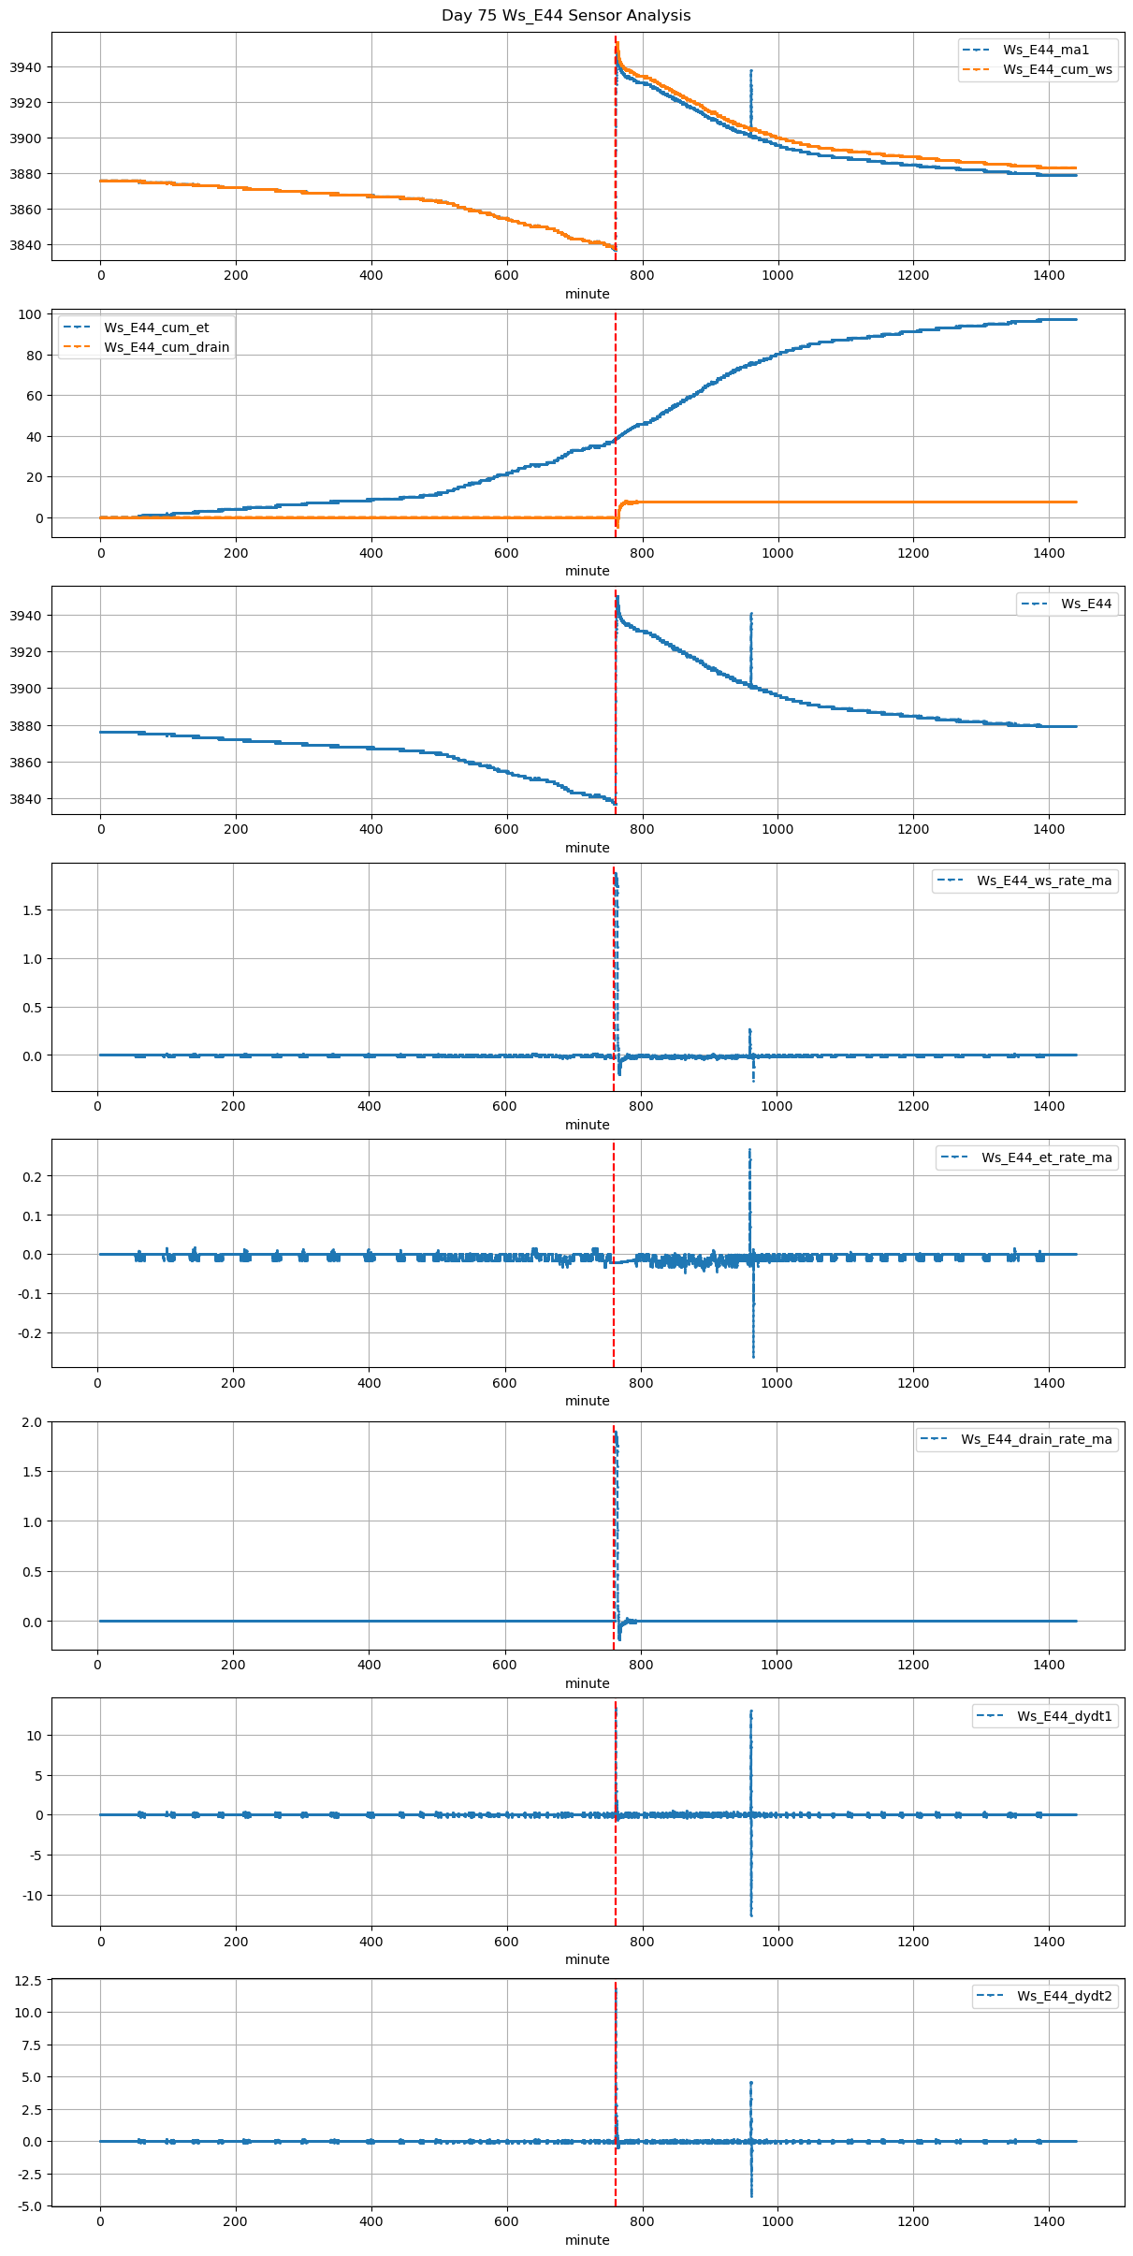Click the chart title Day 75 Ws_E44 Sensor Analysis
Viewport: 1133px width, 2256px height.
point(566,16)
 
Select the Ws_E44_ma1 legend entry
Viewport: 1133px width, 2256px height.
point(1046,50)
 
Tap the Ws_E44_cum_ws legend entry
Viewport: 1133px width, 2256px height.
point(1057,69)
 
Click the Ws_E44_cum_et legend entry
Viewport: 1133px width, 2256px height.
point(156,327)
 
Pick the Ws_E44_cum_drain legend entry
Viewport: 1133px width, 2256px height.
point(167,347)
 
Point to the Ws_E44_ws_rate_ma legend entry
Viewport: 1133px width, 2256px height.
point(1044,881)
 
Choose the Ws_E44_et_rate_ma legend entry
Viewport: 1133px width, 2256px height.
point(1046,1157)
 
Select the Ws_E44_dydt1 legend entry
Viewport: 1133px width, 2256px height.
point(1065,1716)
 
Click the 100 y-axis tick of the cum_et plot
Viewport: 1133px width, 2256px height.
point(31,314)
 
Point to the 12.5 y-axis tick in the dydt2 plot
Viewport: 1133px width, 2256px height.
point(27,1980)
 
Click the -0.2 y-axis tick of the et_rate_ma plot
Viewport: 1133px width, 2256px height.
point(29,1333)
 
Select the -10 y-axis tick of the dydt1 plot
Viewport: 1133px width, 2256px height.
point(31,1896)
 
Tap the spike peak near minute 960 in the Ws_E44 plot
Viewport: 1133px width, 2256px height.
point(750,614)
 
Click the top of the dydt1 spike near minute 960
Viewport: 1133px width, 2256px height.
point(750,1711)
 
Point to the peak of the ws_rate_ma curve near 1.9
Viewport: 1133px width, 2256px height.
point(616,874)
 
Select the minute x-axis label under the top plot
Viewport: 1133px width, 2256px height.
point(587,294)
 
